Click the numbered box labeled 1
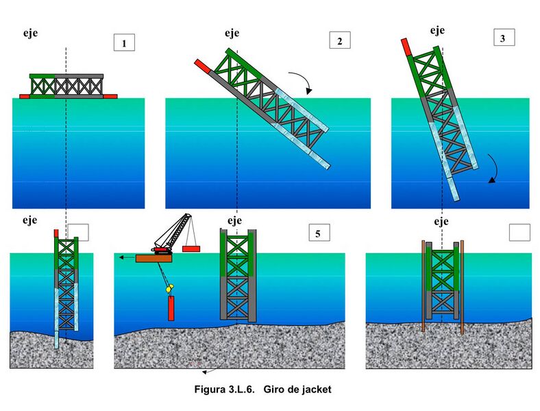(124, 43)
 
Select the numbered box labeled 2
(340, 40)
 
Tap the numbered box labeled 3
(504, 38)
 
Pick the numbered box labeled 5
(319, 233)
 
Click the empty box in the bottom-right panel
(519, 233)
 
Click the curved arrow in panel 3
(494, 168)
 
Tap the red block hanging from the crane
(191, 248)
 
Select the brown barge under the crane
(154, 258)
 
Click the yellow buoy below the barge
(169, 288)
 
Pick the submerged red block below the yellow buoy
(171, 308)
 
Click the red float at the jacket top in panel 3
(406, 47)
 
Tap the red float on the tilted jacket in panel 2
(203, 66)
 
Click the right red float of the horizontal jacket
(110, 96)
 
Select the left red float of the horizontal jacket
(25, 97)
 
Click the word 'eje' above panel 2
(232, 33)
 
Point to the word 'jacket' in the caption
(317, 389)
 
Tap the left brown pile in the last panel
(424, 286)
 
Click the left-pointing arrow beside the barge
(127, 257)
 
